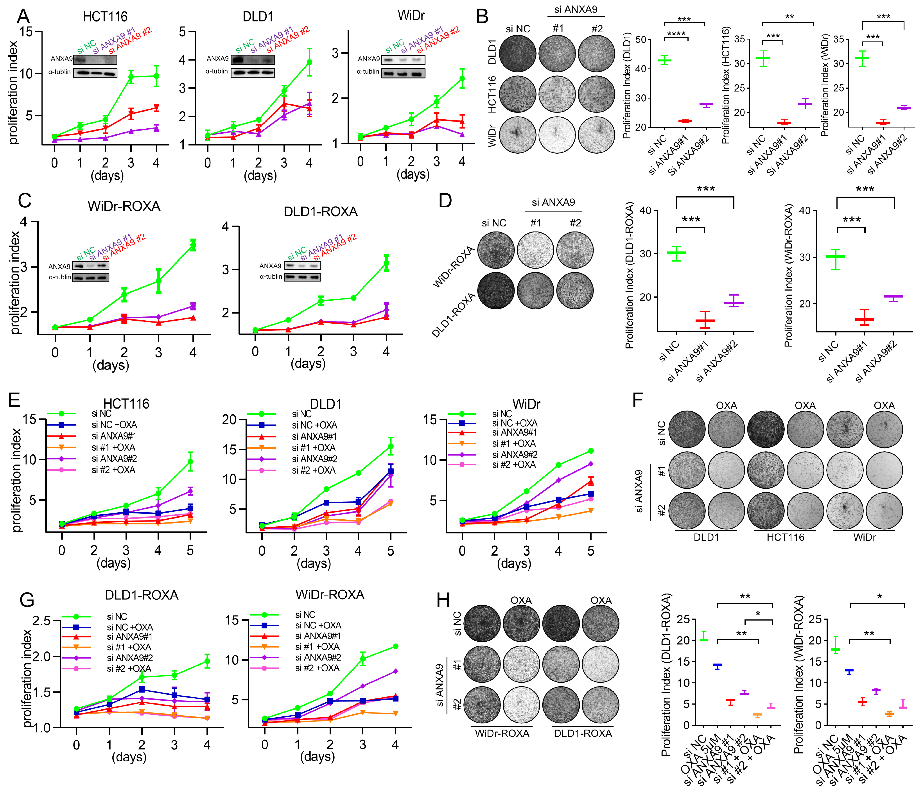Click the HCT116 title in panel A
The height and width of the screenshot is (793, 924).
coord(105,17)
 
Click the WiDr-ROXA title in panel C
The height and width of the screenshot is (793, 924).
coord(124,206)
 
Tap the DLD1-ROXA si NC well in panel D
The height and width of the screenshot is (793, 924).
coord(496,290)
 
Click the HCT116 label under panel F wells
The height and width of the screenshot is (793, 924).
coord(785,537)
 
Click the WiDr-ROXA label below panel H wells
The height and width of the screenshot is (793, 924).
coord(502,733)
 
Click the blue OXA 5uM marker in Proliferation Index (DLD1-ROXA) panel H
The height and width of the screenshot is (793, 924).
coord(717,666)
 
